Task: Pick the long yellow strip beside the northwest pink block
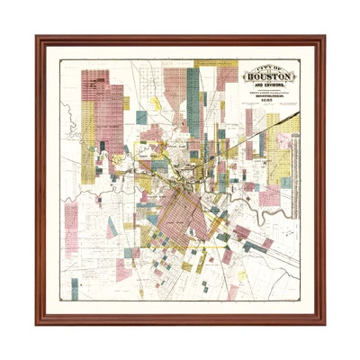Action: (88, 135)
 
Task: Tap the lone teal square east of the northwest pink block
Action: (141, 117)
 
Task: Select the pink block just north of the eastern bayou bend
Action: (268, 196)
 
